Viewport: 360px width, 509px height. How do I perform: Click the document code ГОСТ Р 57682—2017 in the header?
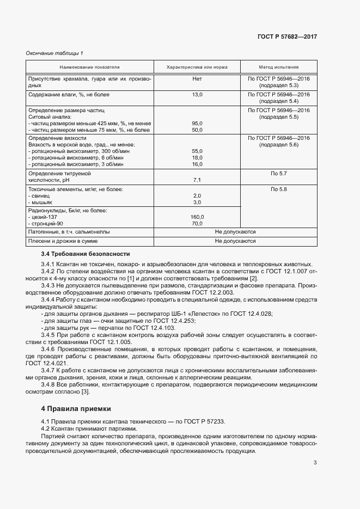pyautogui.click(x=287, y=37)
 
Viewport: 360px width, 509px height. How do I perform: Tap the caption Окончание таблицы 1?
pyautogui.click(x=54, y=53)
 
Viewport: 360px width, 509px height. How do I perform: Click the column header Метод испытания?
pyautogui.click(x=279, y=67)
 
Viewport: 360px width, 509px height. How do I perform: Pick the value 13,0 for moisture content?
pyautogui.click(x=197, y=95)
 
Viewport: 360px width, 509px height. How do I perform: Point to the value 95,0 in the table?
pyautogui.click(x=197, y=124)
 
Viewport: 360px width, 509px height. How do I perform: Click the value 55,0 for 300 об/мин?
pyautogui.click(x=197, y=151)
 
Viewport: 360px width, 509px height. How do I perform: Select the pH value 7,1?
pyautogui.click(x=197, y=180)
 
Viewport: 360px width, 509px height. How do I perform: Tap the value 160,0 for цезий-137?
pyautogui.click(x=197, y=217)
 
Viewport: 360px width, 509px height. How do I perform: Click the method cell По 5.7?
pyautogui.click(x=279, y=173)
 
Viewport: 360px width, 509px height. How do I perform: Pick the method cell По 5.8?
pyautogui.click(x=279, y=189)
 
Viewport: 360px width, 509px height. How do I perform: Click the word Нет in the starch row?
pyautogui.click(x=197, y=79)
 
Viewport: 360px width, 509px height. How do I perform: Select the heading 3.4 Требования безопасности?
pyautogui.click(x=86, y=254)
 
